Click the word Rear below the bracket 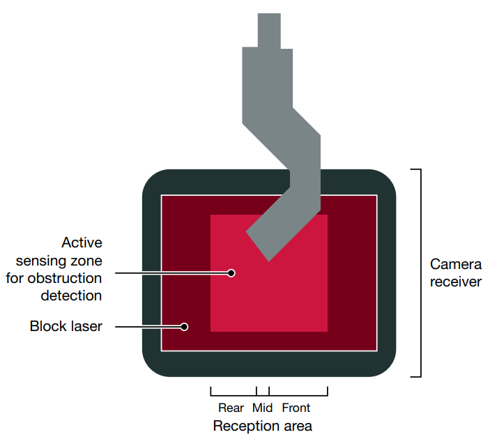[231, 408]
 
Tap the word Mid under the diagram [262, 408]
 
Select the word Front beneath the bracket [296, 408]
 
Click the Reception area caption [262, 425]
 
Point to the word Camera [456, 265]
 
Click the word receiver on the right [456, 282]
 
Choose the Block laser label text [66, 326]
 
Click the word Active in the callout [82, 243]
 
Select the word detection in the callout [72, 296]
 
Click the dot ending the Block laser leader [185, 326]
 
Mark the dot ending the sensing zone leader [231, 273]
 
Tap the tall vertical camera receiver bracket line [420, 273]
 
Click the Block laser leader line [146, 326]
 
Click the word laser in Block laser [86, 326]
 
